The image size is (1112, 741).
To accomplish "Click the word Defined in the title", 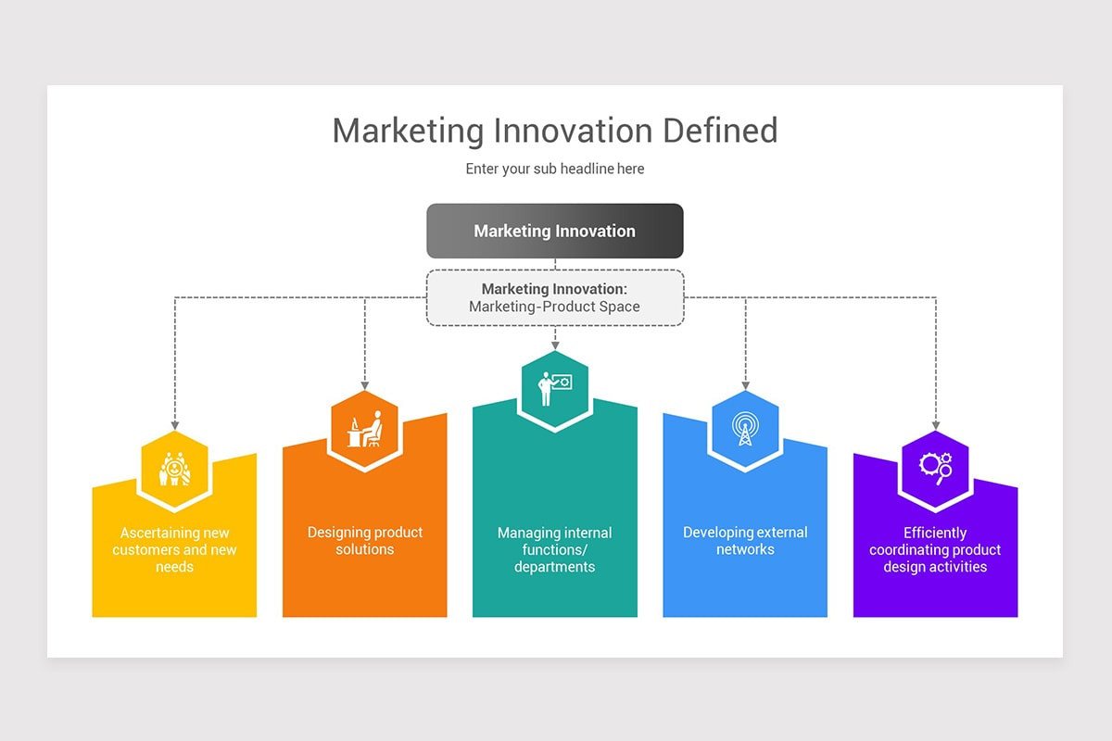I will pos(720,131).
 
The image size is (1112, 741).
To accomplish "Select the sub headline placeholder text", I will pos(555,169).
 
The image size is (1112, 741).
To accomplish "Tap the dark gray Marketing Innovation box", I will pos(555,231).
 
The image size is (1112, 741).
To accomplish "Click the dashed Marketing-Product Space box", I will pos(555,297).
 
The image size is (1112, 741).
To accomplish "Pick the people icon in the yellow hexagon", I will pos(174,469).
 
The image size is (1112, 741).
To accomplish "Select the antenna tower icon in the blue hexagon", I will pos(745,429).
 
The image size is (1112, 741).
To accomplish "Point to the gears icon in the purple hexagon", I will pos(935,468).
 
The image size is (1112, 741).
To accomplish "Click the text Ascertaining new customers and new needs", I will pos(174,549).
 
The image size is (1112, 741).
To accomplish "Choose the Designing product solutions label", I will pos(365,541).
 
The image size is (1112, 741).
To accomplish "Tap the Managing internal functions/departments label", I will pos(555,549).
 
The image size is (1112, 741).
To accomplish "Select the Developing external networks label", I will pos(745,541).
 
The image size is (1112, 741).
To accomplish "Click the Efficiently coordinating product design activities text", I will pos(935,549).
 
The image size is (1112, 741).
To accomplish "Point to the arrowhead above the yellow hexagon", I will pos(174,425).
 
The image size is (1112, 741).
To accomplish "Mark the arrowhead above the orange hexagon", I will pos(365,384).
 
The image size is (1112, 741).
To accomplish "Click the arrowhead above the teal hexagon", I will pos(555,345).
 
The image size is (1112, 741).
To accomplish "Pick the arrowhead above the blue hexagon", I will pos(745,384).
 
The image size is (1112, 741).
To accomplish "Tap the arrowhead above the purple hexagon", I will pos(935,425).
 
